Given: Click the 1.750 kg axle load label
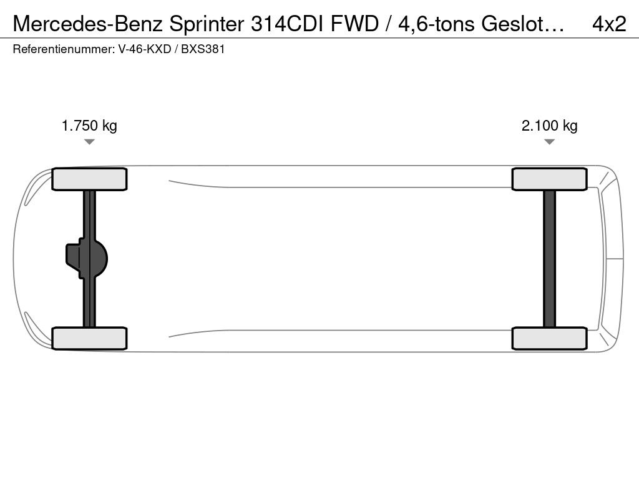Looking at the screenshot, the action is tap(89, 126).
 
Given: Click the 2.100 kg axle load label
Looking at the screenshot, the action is tap(549, 126).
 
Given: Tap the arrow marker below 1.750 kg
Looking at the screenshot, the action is tap(89, 142).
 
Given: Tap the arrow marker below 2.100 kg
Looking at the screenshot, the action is tap(549, 142).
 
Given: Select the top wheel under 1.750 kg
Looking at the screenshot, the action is tap(89, 179).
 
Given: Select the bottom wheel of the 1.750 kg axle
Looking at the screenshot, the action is tap(89, 338).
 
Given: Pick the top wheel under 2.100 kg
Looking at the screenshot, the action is tap(549, 179).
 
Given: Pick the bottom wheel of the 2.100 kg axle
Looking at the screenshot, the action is tap(549, 338).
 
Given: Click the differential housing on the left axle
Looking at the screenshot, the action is tap(86, 259).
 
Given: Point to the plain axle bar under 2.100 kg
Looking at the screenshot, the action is tap(549, 259).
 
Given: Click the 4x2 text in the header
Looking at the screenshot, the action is tap(609, 24).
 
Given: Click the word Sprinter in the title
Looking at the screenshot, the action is tap(207, 24).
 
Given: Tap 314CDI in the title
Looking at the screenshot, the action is tap(288, 24).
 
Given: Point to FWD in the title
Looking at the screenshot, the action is tap(354, 24).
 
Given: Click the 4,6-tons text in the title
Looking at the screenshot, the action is tap(436, 24).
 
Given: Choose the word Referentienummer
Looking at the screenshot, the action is tap(63, 49).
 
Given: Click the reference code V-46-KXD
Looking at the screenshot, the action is tap(145, 49).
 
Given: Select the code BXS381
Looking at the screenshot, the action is tap(203, 49).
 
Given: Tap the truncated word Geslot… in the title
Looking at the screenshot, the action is tap(523, 24).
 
